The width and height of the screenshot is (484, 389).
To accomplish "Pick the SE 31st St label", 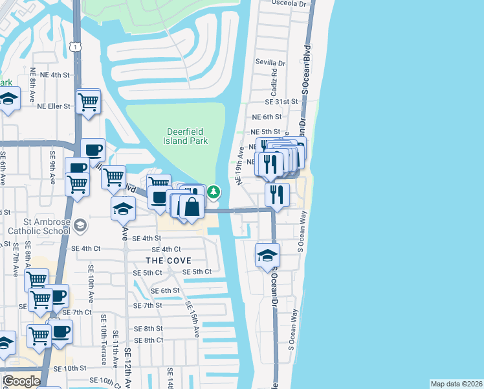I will [x=281, y=102].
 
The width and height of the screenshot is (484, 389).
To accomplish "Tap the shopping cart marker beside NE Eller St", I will [x=87, y=101].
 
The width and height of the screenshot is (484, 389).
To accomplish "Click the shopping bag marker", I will [x=192, y=207].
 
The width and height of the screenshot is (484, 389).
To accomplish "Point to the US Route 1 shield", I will [x=76, y=47].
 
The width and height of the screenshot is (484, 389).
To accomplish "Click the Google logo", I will [x=21, y=381].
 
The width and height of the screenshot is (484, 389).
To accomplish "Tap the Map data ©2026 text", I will [x=456, y=384].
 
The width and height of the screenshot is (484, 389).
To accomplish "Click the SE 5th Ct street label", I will [x=197, y=272].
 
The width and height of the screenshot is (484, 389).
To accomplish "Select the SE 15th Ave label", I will [x=193, y=319].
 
